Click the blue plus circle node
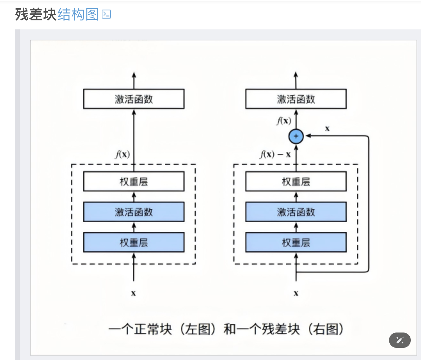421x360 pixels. click(296, 136)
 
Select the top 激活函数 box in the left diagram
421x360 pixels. click(134, 99)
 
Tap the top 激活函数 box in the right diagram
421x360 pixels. click(296, 99)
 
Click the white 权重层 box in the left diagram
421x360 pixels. click(134, 181)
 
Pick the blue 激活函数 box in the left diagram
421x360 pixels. click(134, 212)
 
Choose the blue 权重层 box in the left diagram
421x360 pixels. click(134, 242)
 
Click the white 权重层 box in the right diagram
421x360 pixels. click(296, 181)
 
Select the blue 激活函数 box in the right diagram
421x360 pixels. click(296, 212)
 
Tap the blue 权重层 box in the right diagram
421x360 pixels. click(296, 242)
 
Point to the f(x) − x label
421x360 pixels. click(275, 154)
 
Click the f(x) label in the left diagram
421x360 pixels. click(123, 154)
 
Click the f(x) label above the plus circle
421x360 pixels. click(284, 121)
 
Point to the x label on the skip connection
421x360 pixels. click(327, 129)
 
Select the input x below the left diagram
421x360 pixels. click(133, 293)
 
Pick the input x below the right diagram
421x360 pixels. click(296, 293)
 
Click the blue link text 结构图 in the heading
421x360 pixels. click(78, 14)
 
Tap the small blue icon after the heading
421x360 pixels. click(106, 14)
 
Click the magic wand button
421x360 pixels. click(400, 340)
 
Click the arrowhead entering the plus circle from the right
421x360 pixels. click(308, 136)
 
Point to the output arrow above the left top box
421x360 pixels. click(134, 80)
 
